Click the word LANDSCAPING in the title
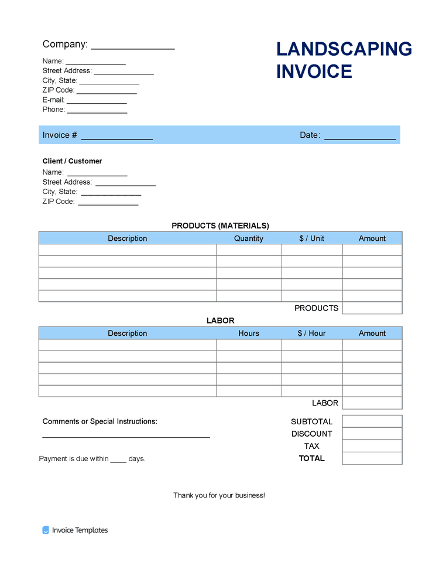click(x=344, y=49)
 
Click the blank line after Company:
click(x=133, y=47)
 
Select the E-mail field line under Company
click(x=97, y=102)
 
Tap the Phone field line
click(x=97, y=111)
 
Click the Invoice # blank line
click(x=116, y=138)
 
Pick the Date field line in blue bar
click(x=360, y=138)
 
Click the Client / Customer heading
click(x=72, y=161)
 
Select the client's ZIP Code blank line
click(x=108, y=203)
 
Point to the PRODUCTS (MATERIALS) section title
click(x=220, y=226)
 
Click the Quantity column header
click(x=249, y=238)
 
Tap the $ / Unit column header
click(x=311, y=238)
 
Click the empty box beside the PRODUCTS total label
click(x=372, y=308)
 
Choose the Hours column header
click(x=249, y=333)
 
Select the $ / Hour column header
click(x=311, y=333)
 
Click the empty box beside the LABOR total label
click(x=372, y=403)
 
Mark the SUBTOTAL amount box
click(x=372, y=421)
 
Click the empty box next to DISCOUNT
click(x=372, y=434)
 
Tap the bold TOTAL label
click(x=311, y=458)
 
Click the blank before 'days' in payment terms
click(x=118, y=460)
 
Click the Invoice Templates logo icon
click(x=46, y=530)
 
